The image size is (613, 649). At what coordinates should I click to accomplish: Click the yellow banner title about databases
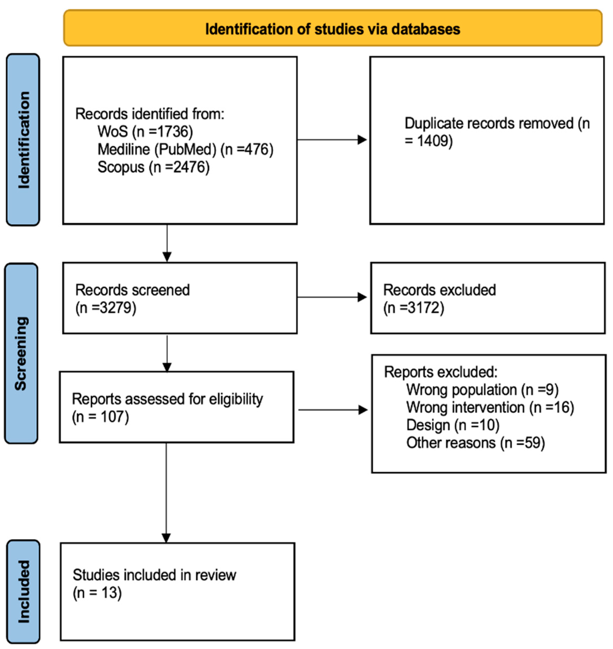pyautogui.click(x=332, y=29)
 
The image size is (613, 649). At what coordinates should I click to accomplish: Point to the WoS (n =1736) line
pyautogui.click(x=145, y=132)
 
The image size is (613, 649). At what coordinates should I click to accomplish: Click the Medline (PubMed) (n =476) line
pyautogui.click(x=185, y=149)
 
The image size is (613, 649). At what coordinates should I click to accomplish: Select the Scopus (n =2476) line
pyautogui.click(x=153, y=167)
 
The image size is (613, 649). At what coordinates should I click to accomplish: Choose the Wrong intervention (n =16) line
pyautogui.click(x=490, y=407)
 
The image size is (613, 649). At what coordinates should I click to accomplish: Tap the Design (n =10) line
pyautogui.click(x=453, y=425)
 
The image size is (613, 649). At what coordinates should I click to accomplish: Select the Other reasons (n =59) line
pyautogui.click(x=475, y=443)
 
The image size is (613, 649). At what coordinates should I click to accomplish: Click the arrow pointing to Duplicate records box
pyautogui.click(x=332, y=140)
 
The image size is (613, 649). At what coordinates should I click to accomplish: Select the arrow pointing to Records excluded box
pyautogui.click(x=332, y=297)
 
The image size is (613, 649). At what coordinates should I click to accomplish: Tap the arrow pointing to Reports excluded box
pyautogui.click(x=333, y=410)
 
